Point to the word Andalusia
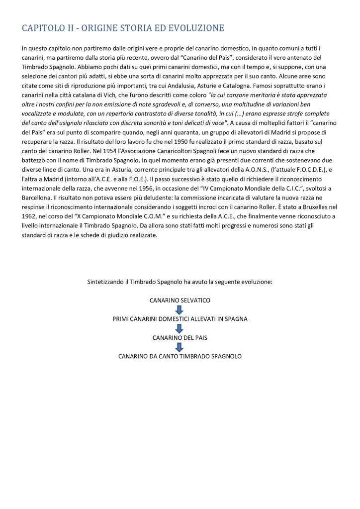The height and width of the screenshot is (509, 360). click(179, 86)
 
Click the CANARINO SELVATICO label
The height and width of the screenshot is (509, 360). click(180, 301)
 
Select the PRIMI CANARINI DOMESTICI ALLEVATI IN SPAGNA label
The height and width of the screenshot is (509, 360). click(180, 319)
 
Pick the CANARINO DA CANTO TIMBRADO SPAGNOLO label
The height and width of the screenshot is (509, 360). click(180, 356)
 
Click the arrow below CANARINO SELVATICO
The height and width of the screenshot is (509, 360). click(180, 310)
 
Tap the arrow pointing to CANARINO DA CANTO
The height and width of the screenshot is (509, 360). click(180, 347)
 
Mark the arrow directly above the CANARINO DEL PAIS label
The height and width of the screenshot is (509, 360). click(180, 328)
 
